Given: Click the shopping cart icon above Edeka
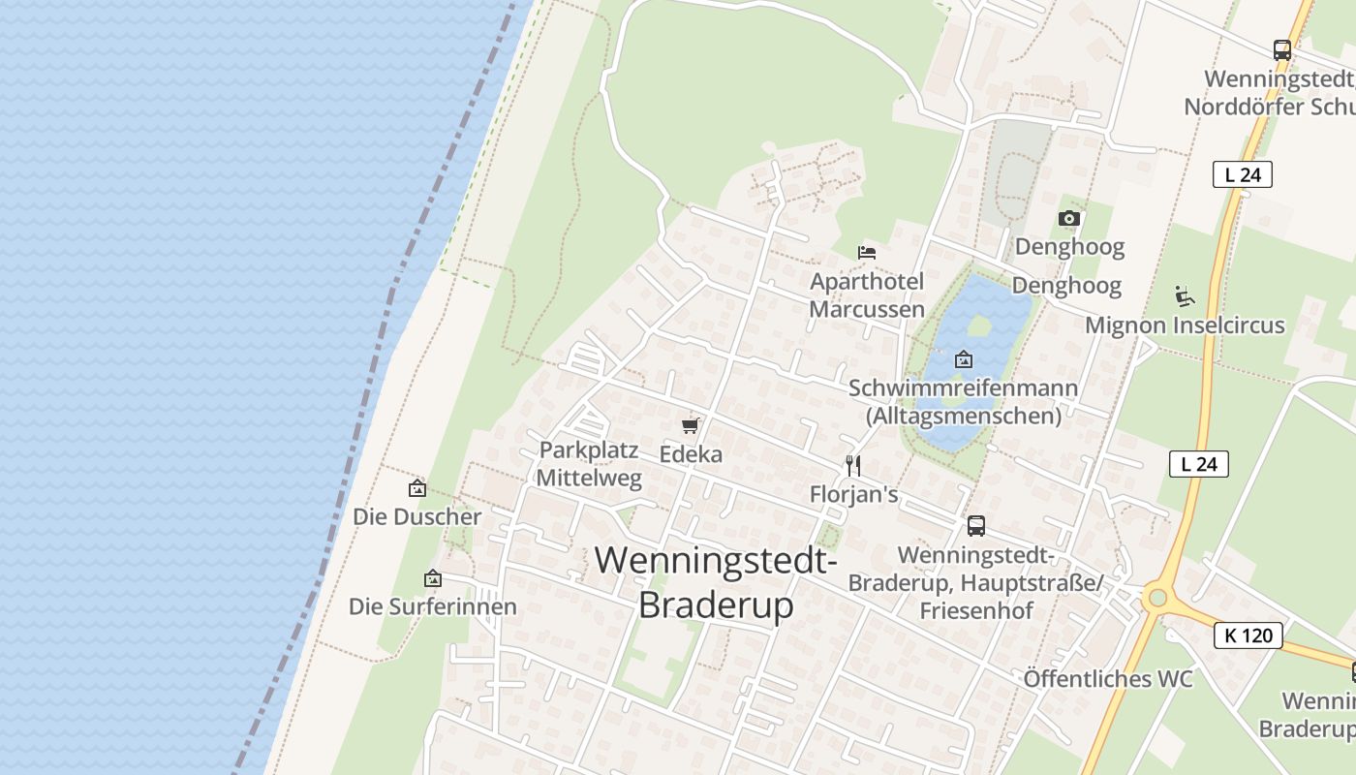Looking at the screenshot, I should click(690, 425).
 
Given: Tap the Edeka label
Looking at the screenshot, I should click(691, 453).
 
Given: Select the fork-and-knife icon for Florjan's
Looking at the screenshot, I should click(853, 466).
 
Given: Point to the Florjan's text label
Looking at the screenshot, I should click(853, 495).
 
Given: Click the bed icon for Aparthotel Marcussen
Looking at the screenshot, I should click(867, 253).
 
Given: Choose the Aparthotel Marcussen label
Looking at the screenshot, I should click(867, 295).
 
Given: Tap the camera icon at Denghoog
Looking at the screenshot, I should click(1069, 219).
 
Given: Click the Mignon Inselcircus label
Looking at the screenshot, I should click(1185, 325).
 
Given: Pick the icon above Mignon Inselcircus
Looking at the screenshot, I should click(1184, 295).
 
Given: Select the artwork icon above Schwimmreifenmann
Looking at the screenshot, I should click(964, 359).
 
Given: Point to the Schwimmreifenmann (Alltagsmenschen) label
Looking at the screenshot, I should click(964, 402).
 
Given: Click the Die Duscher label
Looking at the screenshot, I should click(416, 516).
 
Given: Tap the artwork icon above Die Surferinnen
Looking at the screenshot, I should click(433, 578).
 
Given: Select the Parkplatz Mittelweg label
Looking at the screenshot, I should click(589, 463).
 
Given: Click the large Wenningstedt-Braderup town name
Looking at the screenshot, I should click(716, 582).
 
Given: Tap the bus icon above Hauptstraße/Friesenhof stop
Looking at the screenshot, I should click(976, 526).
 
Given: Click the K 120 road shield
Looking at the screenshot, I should click(1248, 635).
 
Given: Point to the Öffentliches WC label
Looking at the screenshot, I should click(1108, 679).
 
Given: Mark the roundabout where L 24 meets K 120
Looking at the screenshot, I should click(1156, 598).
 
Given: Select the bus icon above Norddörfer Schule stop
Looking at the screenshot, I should click(1282, 50).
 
